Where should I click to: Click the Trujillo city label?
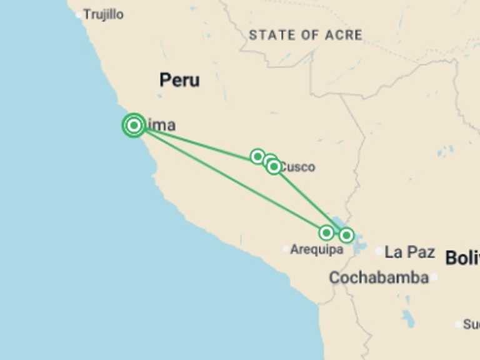coord(104,14)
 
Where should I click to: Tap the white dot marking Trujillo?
coord(79,14)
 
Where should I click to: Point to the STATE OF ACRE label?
coord(305,35)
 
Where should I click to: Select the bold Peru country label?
coord(179,80)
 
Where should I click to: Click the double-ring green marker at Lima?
coord(134,126)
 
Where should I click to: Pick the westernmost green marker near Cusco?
coord(257,156)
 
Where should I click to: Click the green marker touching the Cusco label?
coord(274,166)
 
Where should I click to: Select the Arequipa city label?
coord(316,249)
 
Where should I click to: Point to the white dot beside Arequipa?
coord(286,249)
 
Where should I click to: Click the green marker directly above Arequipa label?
coord(326,233)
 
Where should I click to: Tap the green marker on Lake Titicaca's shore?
coord(346,235)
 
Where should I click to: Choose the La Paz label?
coord(409,252)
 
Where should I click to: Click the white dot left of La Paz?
coord(379,251)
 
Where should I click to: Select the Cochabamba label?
coord(379,277)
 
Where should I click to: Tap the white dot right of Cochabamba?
coord(434,277)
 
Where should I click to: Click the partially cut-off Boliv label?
coord(462,257)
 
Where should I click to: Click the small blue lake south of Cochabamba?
coord(408,319)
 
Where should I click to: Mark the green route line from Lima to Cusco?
coord(200,142)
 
